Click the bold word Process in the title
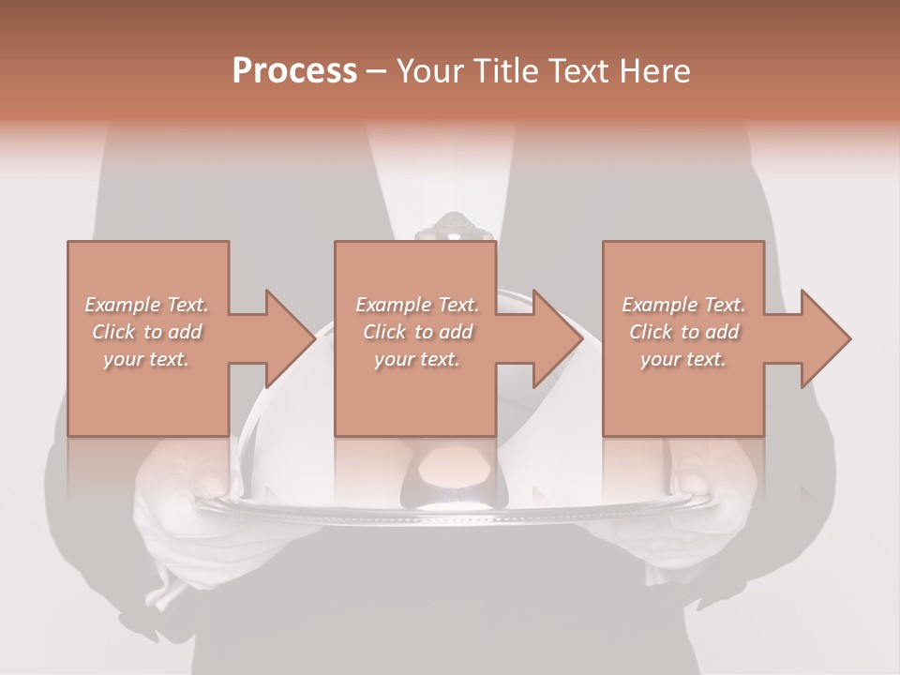coord(294,71)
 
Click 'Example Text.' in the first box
coord(146,305)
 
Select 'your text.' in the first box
coord(146,359)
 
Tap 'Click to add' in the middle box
coord(417,332)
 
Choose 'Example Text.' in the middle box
coord(417,305)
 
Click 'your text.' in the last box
coord(683,359)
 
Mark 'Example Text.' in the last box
coord(683,305)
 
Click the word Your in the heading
coord(427,71)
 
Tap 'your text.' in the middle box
coord(417,359)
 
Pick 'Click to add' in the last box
coord(683,332)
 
